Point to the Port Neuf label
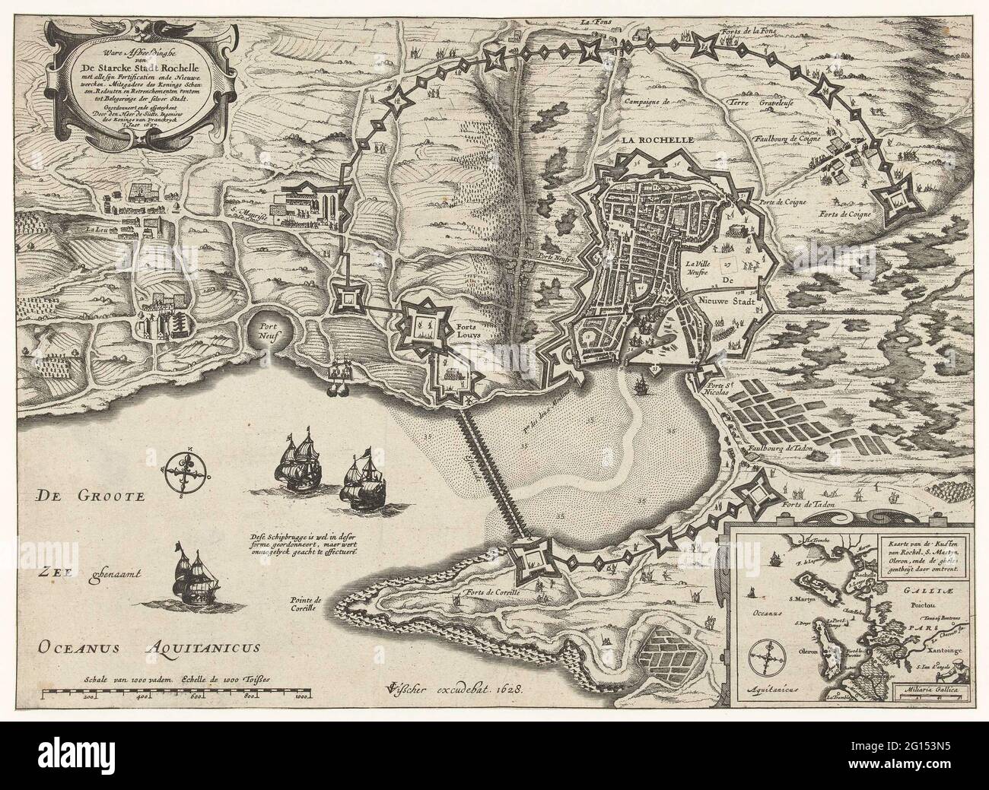click(x=266, y=326)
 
